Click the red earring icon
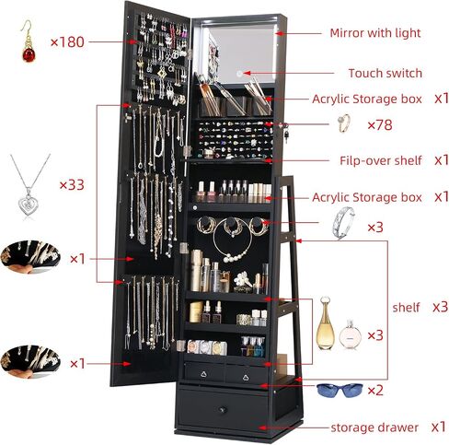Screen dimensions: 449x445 [29, 41]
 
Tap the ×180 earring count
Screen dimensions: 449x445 [67, 42]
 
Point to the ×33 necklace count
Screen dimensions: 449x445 [72, 185]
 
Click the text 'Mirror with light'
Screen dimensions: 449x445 [375, 33]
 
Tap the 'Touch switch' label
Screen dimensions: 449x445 [386, 74]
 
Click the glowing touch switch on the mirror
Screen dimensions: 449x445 [239, 74]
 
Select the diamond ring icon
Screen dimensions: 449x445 [344, 123]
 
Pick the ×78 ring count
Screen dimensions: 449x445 [380, 125]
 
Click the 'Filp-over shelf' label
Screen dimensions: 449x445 [381, 160]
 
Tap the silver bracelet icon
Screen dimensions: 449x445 [343, 223]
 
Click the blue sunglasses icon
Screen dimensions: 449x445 [340, 390]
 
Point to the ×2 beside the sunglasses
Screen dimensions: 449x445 [375, 391]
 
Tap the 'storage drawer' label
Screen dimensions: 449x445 [374, 427]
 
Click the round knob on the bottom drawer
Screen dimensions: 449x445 [223, 409]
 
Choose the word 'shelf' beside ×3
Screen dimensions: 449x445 [406, 307]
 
